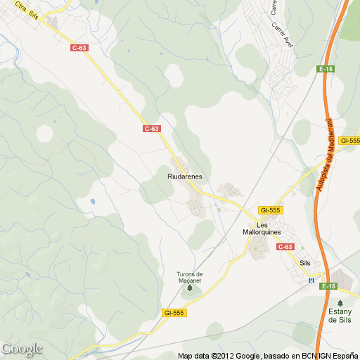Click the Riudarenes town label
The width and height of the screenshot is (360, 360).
point(186,177)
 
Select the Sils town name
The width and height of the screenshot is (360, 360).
point(304,262)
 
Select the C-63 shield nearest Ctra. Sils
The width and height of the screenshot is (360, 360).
point(79,48)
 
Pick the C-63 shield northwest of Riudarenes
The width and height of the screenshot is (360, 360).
point(152,129)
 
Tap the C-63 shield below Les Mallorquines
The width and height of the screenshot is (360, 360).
point(285,247)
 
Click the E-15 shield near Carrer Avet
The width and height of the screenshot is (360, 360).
point(326,69)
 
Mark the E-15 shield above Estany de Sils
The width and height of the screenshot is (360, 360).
point(328,286)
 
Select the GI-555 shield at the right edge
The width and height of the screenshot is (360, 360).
point(349,141)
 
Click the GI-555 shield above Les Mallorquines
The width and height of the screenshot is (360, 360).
point(270,210)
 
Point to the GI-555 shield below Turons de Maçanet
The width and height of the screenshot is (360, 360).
point(174,312)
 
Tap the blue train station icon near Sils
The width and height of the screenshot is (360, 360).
point(311,281)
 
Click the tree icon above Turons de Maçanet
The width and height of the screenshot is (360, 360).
point(189,264)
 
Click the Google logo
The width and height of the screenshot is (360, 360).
point(22,349)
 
